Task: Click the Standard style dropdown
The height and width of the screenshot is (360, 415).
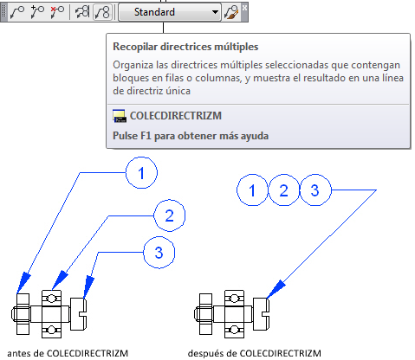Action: point(170,12)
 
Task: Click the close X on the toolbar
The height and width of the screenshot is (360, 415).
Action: point(244,8)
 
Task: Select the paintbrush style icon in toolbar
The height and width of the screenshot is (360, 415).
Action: point(231,13)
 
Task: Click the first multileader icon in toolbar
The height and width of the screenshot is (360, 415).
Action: point(17,12)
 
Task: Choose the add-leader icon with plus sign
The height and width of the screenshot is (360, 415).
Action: point(37,12)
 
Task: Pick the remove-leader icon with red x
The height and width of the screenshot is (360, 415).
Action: point(57,12)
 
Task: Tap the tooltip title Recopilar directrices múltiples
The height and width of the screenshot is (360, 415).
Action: point(185,47)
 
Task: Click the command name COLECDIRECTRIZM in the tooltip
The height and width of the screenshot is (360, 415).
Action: point(176,116)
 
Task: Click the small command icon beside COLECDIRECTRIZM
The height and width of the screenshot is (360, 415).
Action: point(120,116)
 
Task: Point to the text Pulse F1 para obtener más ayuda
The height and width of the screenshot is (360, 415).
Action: point(191,136)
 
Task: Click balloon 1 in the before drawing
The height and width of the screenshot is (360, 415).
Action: point(141,173)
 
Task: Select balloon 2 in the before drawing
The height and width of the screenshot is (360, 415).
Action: point(170,215)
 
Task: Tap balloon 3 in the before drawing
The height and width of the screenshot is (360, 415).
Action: point(159,253)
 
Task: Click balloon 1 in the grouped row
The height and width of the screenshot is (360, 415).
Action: point(252,190)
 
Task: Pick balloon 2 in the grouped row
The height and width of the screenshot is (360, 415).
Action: point(284,190)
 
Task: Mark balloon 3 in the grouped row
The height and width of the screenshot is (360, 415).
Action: point(315,190)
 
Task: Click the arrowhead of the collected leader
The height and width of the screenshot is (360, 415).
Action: point(276,289)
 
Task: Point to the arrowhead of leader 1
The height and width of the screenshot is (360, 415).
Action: point(23,282)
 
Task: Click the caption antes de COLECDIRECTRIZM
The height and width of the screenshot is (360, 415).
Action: point(68,353)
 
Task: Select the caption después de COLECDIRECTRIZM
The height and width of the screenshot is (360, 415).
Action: point(255,353)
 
